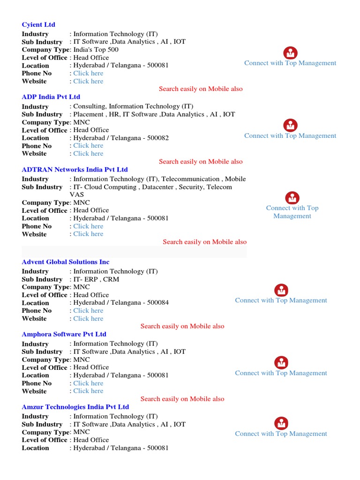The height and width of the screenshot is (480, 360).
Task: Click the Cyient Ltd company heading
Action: pyautogui.click(x=38, y=24)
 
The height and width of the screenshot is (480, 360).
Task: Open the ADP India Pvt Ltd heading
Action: pyautogui.click(x=51, y=97)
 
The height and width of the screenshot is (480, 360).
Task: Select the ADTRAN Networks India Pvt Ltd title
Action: pyautogui.click(x=75, y=170)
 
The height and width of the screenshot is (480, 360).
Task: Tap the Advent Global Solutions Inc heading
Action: pyautogui.click(x=66, y=262)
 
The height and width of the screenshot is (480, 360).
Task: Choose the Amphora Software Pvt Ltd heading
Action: pyautogui.click(x=64, y=334)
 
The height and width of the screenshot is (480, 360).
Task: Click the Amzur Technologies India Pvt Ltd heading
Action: pyautogui.click(x=75, y=407)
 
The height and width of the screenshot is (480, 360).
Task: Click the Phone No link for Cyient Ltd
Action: pyautogui.click(x=88, y=73)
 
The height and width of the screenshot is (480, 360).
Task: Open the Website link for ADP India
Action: pyautogui.click(x=88, y=153)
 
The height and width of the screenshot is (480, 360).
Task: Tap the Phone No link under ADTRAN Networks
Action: pyautogui.click(x=88, y=226)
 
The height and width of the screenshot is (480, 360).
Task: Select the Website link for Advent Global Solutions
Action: pyautogui.click(x=88, y=318)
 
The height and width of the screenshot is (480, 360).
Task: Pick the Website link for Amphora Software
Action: pyautogui.click(x=88, y=391)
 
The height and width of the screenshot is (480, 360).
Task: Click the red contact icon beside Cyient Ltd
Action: pyautogui.click(x=291, y=53)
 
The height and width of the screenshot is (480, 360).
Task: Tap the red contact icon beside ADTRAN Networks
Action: pyautogui.click(x=292, y=198)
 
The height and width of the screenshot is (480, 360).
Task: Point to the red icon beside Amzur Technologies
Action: pyautogui.click(x=281, y=423)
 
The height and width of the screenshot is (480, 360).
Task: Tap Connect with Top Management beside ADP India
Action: pyautogui.click(x=290, y=135)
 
